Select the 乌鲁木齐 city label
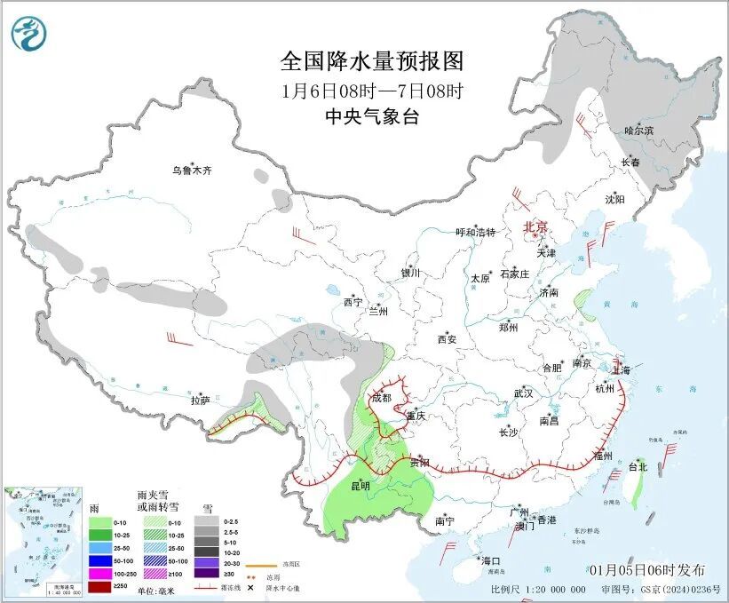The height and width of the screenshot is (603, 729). coord(193,171)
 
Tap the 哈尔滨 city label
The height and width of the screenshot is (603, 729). coord(638,131)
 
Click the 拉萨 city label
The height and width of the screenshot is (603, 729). coord(200,401)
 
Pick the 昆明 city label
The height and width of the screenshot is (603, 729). coord(360,486)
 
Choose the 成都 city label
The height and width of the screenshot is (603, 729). coord(382,398)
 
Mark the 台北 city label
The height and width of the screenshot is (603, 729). coord(638,466)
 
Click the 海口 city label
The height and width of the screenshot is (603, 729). coord(490,560)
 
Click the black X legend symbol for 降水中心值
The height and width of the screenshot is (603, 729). coord(251,587)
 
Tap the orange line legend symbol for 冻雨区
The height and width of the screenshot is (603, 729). coord(263,565)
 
